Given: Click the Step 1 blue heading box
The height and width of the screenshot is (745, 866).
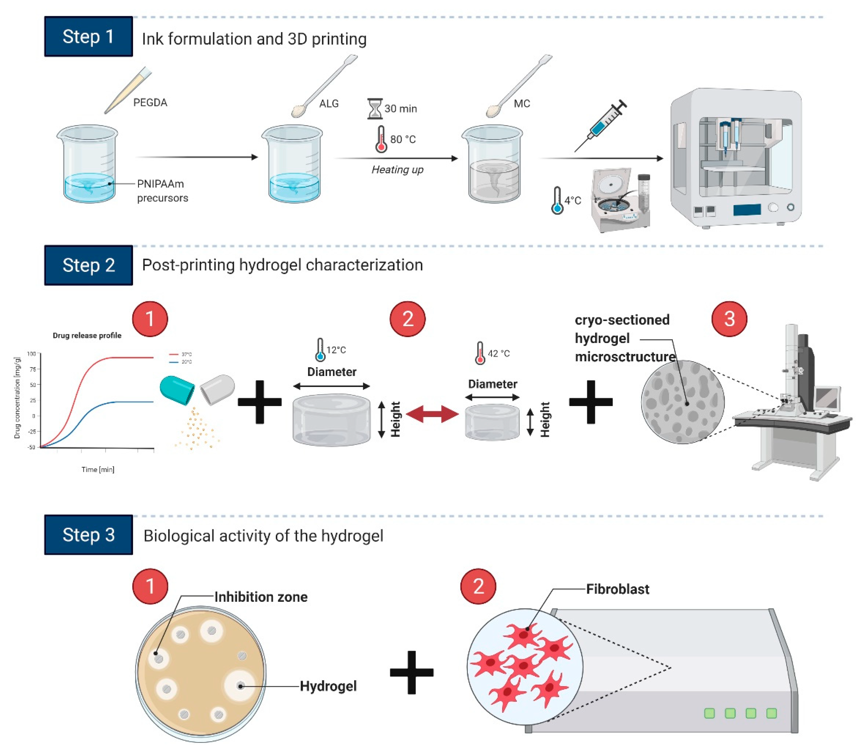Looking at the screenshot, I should pyautogui.click(x=88, y=37).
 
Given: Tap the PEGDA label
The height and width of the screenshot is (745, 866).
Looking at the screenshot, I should pyautogui.click(x=150, y=103).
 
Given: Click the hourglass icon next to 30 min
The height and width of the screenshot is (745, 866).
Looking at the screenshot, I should pyautogui.click(x=374, y=109).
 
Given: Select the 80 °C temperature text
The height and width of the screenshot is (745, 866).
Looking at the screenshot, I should pyautogui.click(x=403, y=139).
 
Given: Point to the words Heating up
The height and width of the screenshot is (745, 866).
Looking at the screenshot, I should pyautogui.click(x=397, y=170).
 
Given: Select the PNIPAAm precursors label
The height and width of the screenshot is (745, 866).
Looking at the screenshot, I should pyautogui.click(x=162, y=191).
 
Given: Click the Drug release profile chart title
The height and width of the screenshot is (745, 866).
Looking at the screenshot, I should pyautogui.click(x=87, y=335).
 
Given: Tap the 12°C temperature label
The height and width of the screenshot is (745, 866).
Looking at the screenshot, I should pyautogui.click(x=336, y=350).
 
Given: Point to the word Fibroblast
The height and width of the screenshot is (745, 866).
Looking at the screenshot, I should pyautogui.click(x=617, y=589).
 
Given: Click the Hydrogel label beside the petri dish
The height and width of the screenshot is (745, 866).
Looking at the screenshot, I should pyautogui.click(x=328, y=686).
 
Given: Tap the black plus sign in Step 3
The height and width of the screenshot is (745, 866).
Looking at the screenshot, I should pyautogui.click(x=411, y=672).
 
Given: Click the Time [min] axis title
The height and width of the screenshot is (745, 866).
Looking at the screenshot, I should pyautogui.click(x=98, y=469).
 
